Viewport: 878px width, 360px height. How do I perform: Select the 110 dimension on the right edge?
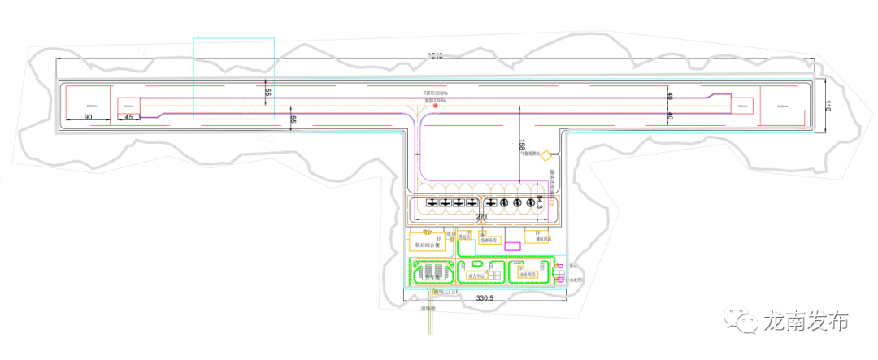click(828, 106)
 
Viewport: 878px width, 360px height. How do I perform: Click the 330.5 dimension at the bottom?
click(485, 299)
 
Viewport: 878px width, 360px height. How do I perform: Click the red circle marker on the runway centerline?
click(436, 106)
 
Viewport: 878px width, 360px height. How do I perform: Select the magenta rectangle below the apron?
click(512, 245)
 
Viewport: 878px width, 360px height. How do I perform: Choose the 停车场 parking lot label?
click(432, 276)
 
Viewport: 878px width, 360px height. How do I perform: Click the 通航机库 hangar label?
click(544, 240)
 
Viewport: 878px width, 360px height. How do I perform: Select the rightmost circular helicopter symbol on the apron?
click(532, 202)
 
